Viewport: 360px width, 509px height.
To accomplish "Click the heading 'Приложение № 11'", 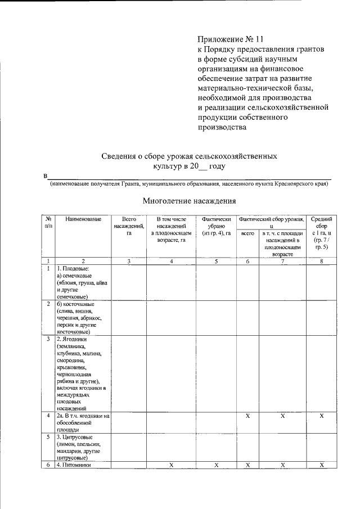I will tap(230, 39).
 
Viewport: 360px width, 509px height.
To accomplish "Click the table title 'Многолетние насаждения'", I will tap(188, 200).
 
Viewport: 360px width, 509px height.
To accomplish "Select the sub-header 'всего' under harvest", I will tap(247, 233).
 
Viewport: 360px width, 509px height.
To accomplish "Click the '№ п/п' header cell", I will tap(49, 222).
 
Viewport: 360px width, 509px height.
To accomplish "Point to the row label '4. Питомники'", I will tap(73, 465).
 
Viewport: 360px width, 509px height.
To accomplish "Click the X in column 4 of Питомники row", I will tap(171, 465).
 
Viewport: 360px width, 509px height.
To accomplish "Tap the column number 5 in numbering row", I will tap(217, 261).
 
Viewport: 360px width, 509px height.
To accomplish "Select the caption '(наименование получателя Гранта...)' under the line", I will tap(188, 183).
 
